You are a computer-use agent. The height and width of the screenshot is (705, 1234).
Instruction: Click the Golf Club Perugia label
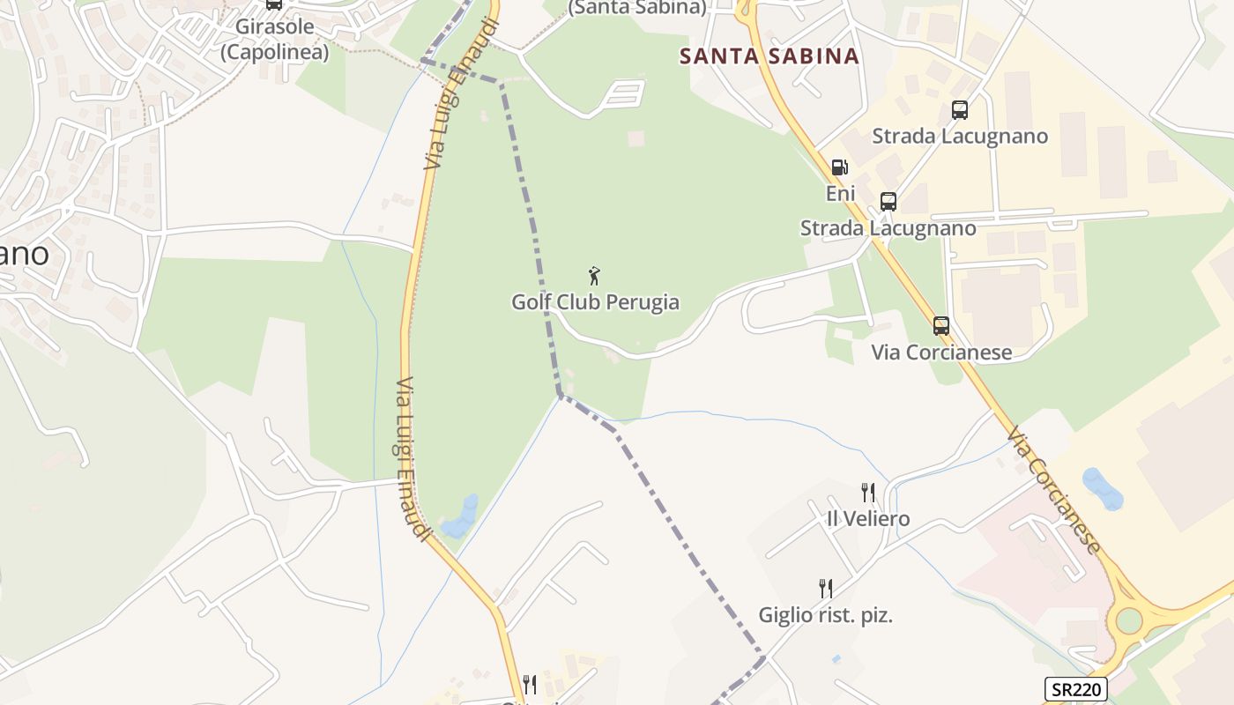click(x=595, y=302)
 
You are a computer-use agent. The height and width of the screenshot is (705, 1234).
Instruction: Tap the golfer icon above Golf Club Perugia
click(x=595, y=276)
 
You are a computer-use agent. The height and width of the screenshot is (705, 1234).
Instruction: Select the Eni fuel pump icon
click(x=840, y=167)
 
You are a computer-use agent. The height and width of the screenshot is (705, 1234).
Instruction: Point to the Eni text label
click(x=840, y=192)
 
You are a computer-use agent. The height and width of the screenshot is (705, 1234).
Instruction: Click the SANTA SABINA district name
click(x=769, y=56)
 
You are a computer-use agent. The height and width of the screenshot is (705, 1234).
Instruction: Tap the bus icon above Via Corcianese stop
click(x=941, y=326)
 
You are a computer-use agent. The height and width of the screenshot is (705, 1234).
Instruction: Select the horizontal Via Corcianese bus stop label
click(x=941, y=352)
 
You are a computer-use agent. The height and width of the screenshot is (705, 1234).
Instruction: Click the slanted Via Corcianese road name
click(x=1054, y=491)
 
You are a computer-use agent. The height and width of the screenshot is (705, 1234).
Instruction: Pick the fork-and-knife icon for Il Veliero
click(x=868, y=492)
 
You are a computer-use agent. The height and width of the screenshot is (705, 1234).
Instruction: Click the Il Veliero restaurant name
click(x=868, y=518)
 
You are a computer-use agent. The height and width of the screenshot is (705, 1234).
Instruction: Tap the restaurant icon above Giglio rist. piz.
click(x=826, y=588)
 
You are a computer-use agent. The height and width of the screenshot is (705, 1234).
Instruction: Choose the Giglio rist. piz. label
click(x=826, y=615)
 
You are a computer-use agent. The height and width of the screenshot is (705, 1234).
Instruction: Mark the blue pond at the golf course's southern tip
click(x=460, y=518)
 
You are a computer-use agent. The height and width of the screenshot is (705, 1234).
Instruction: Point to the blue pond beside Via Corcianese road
click(x=1103, y=489)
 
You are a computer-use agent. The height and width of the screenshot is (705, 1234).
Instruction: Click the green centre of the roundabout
click(x=1128, y=620)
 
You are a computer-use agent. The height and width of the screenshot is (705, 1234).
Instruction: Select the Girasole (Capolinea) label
click(x=274, y=39)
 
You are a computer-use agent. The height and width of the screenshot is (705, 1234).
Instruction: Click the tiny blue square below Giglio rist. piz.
click(x=836, y=658)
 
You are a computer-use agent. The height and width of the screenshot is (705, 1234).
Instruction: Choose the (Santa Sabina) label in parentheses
click(x=637, y=8)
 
